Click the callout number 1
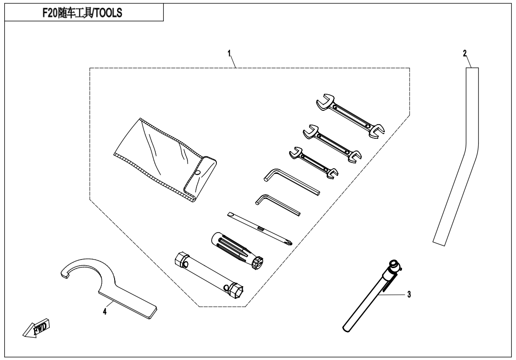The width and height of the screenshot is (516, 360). (x=230, y=53)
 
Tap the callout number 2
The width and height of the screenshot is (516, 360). (x=465, y=54)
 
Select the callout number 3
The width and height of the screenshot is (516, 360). (x=409, y=295)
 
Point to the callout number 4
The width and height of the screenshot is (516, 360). (x=105, y=311)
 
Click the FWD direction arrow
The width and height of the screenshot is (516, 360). (x=36, y=328)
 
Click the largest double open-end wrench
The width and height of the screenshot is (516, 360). (x=350, y=116)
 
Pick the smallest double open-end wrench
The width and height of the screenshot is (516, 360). (x=313, y=162)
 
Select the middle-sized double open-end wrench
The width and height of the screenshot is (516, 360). (x=332, y=143)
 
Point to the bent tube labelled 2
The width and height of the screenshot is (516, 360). (x=456, y=156)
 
